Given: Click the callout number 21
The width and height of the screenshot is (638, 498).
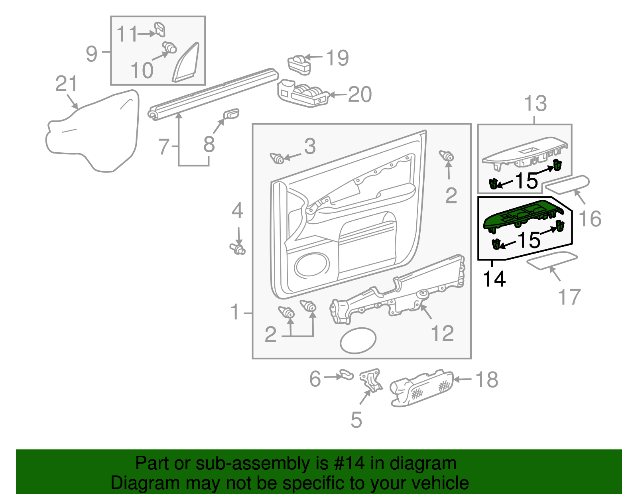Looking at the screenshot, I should [66, 84].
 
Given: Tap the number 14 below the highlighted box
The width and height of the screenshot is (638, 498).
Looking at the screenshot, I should [494, 279].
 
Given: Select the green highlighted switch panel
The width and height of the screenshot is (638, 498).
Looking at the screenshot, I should [522, 217].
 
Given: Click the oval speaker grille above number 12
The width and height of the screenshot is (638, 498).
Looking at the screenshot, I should [358, 341].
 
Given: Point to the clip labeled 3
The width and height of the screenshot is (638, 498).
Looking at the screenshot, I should [277, 158].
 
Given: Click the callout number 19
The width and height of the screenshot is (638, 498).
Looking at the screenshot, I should [337, 58].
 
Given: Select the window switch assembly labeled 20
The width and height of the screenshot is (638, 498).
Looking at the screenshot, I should [303, 95].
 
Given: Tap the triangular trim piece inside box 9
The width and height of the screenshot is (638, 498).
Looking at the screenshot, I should [186, 64].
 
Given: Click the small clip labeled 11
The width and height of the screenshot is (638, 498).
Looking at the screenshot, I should [160, 30].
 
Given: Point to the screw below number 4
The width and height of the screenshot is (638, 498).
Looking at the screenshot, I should [238, 250].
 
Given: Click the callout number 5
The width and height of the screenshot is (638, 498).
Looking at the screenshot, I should [356, 420].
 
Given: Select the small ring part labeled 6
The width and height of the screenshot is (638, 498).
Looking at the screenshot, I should [346, 375].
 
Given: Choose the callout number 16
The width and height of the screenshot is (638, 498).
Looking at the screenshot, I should [590, 219].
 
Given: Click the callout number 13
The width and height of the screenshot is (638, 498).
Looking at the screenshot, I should [535, 104].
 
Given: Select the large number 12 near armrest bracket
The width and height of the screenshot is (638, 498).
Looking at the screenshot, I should [442, 333].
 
